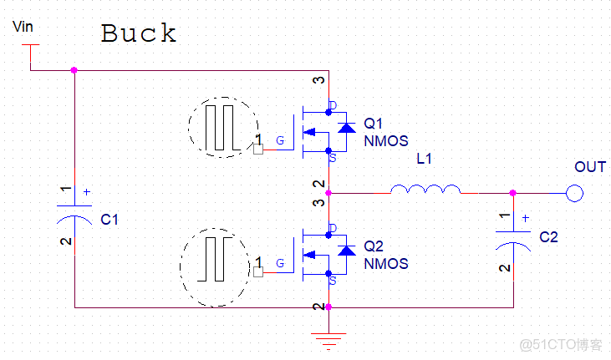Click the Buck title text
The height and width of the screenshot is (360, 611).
pyautogui.click(x=139, y=34)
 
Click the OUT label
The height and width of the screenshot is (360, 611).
pyautogui.click(x=590, y=167)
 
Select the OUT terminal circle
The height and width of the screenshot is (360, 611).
pyautogui.click(x=574, y=193)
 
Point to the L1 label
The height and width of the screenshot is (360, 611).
pyautogui.click(x=424, y=159)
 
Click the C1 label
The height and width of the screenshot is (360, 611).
pyautogui.click(x=109, y=221)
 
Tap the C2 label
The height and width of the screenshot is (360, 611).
pyautogui.click(x=548, y=237)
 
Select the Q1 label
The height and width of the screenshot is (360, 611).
pyautogui.click(x=374, y=124)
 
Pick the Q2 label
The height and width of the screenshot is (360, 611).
pyautogui.click(x=374, y=247)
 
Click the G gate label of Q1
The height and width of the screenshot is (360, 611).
pyautogui.click(x=280, y=141)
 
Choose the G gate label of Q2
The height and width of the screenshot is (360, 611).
pyautogui.click(x=280, y=263)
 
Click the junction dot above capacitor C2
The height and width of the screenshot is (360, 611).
pyautogui.click(x=512, y=193)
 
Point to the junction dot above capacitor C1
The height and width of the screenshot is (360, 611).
pyautogui.click(x=74, y=70)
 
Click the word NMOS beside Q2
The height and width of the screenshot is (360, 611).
pyautogui.click(x=386, y=264)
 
